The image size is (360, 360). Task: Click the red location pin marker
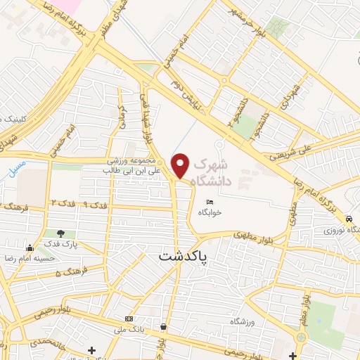(181, 165)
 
